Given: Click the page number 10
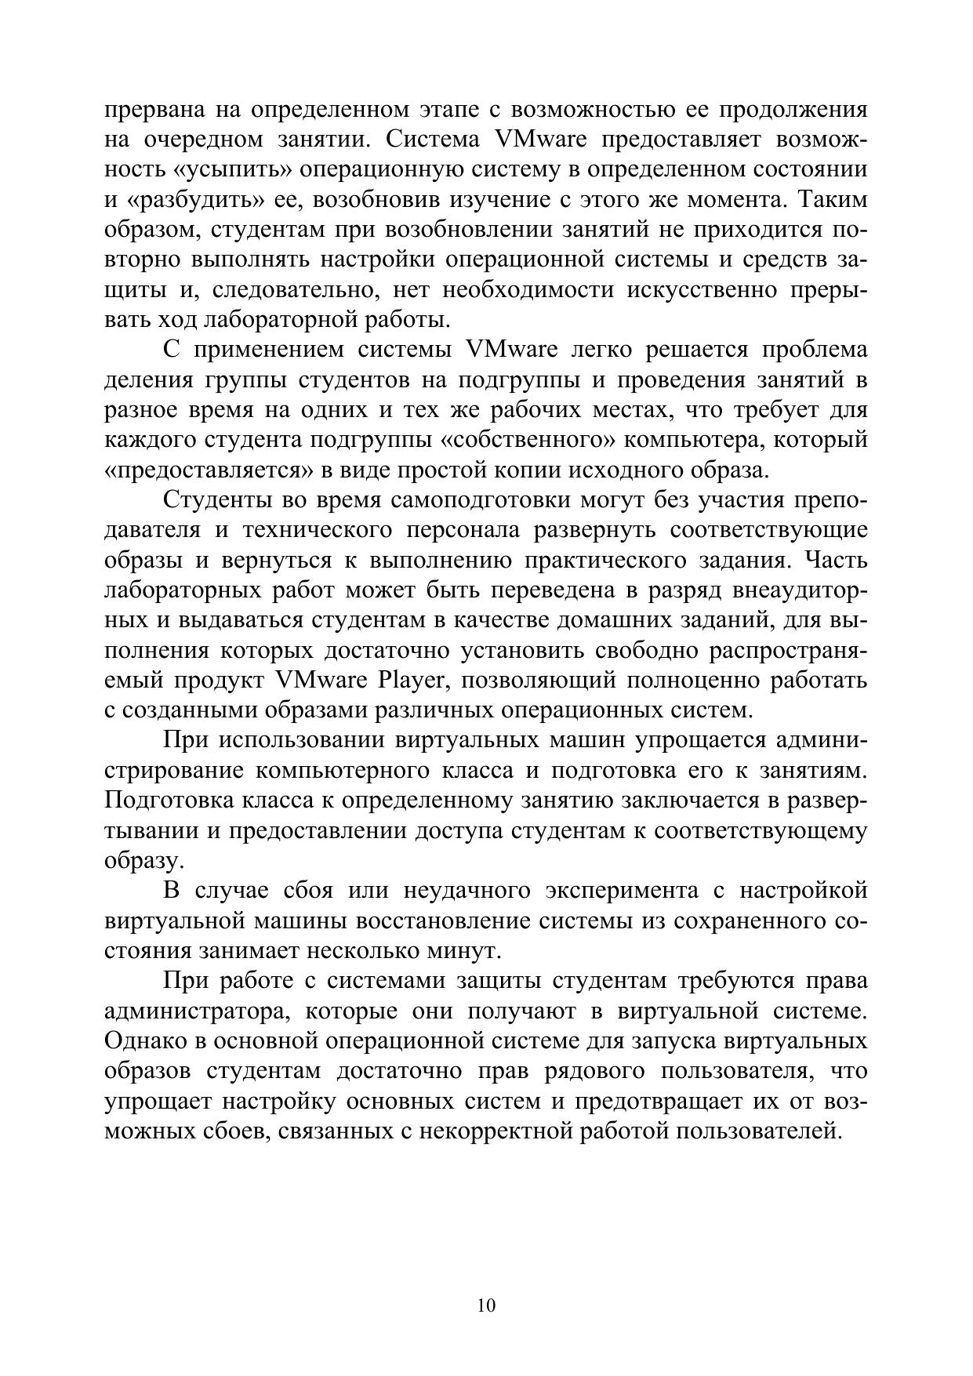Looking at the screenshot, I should tap(486, 1305).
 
